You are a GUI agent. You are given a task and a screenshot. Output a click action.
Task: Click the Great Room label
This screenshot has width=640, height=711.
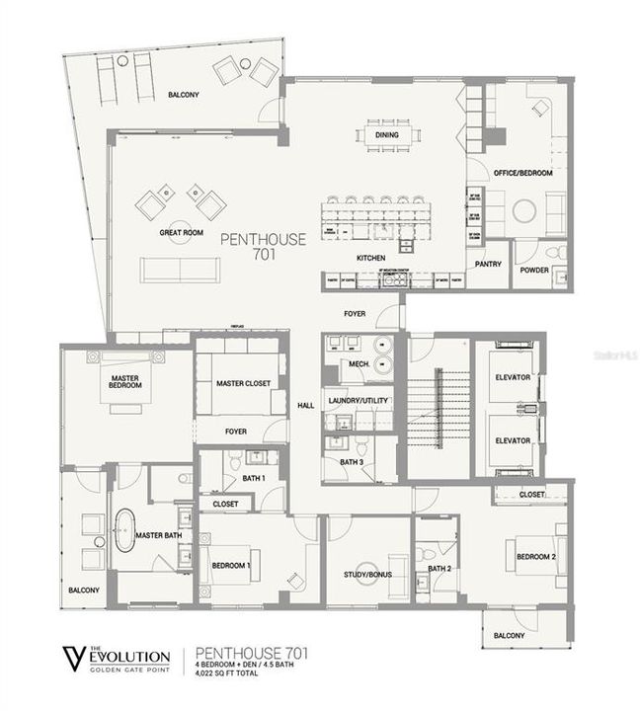tap(181, 233)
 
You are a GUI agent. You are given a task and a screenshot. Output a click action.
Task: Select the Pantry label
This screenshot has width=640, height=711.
tap(488, 264)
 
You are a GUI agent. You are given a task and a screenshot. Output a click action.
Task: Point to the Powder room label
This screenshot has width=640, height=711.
tap(535, 270)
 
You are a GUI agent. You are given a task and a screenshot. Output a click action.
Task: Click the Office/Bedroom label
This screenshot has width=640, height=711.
tap(522, 173)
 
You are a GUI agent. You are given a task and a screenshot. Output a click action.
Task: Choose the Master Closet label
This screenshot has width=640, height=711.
tap(242, 383)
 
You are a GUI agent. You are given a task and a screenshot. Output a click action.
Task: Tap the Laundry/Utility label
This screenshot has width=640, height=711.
tap(359, 400)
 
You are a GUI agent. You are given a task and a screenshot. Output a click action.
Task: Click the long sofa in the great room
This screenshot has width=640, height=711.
tap(180, 270)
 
